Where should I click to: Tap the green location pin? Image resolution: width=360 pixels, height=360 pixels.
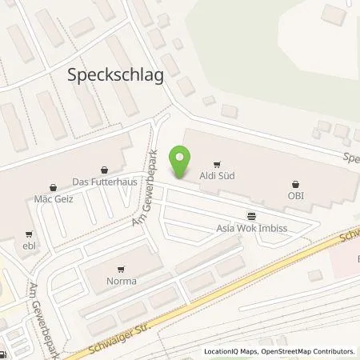[x=182, y=162]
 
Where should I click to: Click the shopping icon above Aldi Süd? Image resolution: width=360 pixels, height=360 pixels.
[x=214, y=163]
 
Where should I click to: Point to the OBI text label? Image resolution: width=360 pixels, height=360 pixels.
[x=297, y=193]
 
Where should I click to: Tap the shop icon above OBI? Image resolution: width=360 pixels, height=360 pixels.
[x=297, y=182]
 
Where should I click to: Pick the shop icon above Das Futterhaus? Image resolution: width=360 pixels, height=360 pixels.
[x=105, y=170]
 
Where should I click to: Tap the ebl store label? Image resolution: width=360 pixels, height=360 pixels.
[x=31, y=246]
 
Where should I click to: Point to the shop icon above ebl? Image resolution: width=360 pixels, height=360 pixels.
[x=30, y=235]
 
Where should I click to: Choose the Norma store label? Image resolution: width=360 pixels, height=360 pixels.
[x=122, y=281]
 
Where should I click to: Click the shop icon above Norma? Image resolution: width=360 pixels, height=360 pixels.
[x=122, y=270]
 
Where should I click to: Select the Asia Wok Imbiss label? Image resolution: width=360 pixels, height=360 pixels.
[x=252, y=227]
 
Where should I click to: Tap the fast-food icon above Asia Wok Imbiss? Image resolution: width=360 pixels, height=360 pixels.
[x=252, y=216]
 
